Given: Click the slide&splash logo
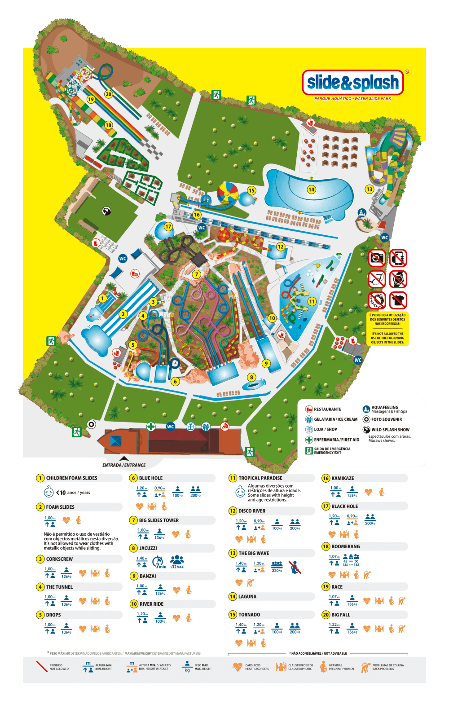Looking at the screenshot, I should click(353, 83).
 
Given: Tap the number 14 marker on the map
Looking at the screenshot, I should click(311, 189).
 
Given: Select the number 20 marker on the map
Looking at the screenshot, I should click(108, 94).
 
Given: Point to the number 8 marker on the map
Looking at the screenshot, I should click(251, 377).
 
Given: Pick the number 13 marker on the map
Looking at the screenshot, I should click(369, 189).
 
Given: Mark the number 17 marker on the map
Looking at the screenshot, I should click(168, 227).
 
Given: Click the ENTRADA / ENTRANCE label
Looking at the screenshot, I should click(124, 465).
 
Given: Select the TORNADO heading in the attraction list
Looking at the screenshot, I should click(249, 615).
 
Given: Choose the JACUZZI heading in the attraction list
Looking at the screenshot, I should click(148, 548).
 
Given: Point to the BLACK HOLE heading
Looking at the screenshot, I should click(345, 506).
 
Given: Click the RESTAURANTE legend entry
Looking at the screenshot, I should click(327, 409).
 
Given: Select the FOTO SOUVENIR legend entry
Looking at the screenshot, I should click(386, 419).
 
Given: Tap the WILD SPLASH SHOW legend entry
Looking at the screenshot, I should click(390, 430).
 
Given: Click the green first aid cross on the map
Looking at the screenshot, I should click(151, 426).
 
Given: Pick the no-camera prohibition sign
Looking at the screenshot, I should click(377, 258).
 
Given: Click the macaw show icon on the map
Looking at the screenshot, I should click(106, 211).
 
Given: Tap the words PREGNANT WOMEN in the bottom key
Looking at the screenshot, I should click(341, 669).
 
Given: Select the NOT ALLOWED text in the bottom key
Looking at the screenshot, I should click(59, 669).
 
